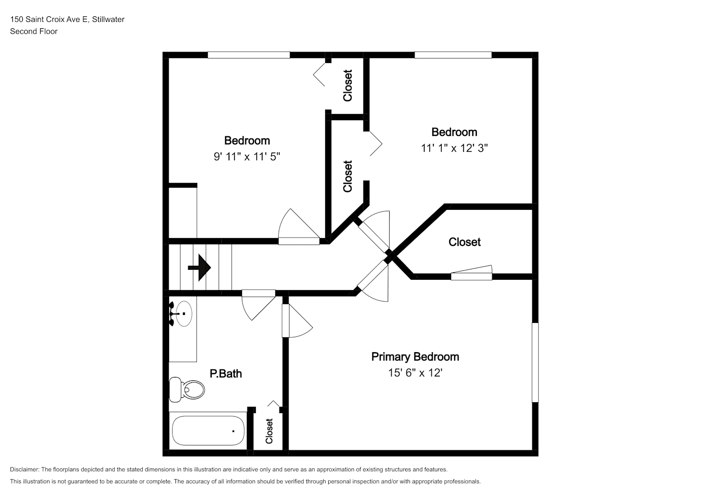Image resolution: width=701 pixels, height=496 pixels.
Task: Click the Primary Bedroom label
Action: click(415, 357)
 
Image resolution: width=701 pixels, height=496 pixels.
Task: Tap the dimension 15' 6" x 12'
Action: click(415, 372)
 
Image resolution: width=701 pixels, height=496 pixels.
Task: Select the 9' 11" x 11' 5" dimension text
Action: click(246, 156)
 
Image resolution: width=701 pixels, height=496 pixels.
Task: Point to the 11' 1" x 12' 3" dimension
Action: click(454, 148)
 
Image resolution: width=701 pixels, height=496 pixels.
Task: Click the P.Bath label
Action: click(226, 373)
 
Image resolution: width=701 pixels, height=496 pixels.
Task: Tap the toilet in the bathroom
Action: click(186, 389)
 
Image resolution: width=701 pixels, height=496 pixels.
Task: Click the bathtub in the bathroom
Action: click(208, 431)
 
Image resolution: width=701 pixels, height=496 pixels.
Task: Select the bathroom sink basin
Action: click(184, 313)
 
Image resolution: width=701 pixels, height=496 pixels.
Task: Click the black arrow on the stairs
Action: click(199, 268)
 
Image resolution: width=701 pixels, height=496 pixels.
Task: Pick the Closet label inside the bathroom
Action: click(269, 431)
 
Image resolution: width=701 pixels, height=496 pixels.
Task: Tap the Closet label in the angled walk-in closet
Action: click(465, 242)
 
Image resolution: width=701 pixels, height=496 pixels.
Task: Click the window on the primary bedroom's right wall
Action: click(535, 362)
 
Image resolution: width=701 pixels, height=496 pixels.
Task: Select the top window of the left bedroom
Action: click(249, 55)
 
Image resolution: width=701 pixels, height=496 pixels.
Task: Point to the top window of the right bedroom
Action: click(453, 55)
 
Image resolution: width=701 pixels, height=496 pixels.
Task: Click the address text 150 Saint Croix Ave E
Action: click(49, 19)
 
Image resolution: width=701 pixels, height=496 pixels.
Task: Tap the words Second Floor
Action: click(34, 31)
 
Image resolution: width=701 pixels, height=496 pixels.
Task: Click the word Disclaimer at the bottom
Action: click(24, 469)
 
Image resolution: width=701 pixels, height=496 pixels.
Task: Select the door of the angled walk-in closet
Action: click(471, 273)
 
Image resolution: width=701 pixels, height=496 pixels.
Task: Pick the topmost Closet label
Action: click(348, 85)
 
